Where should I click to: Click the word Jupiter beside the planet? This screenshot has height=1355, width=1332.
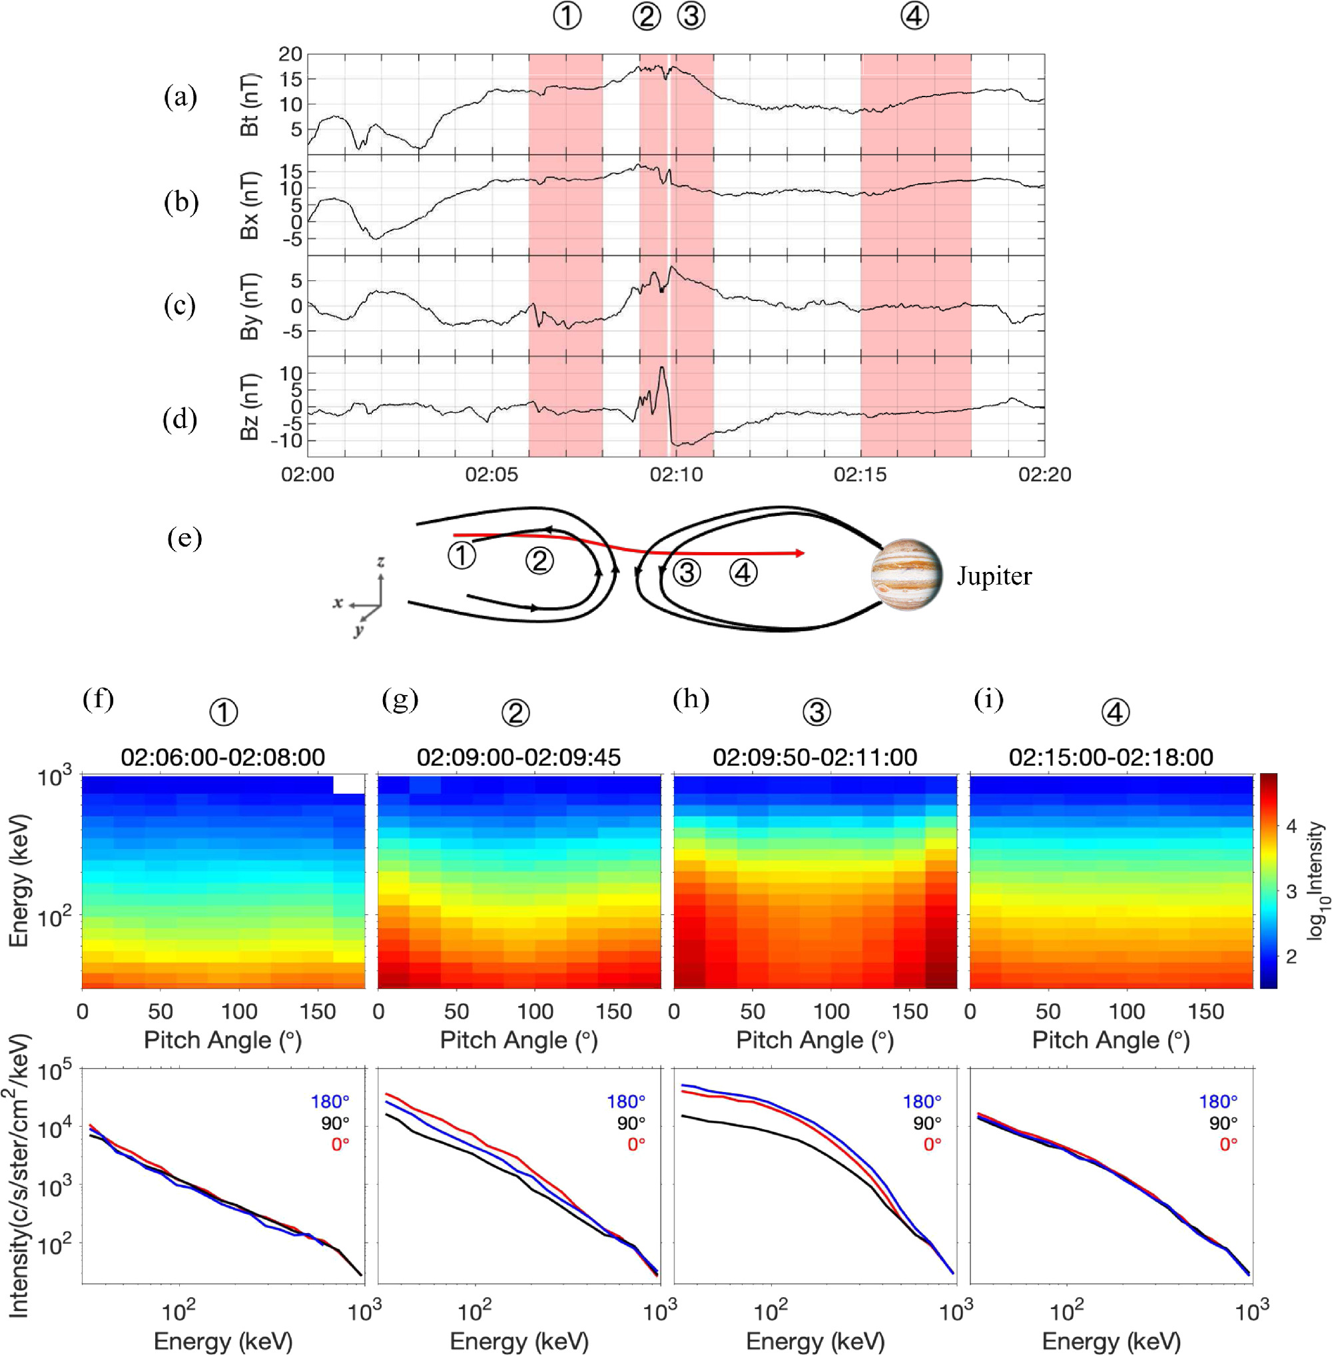(x=994, y=577)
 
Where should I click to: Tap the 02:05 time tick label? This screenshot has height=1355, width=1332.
(x=492, y=475)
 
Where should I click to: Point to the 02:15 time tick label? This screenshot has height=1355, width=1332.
(x=860, y=475)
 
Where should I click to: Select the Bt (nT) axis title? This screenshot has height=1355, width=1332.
(x=250, y=105)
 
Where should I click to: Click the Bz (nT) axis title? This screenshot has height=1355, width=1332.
(x=250, y=406)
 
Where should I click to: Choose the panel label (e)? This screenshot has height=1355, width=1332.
(x=184, y=538)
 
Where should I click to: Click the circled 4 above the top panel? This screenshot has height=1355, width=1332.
(x=914, y=16)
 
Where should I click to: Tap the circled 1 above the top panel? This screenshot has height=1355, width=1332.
(x=567, y=16)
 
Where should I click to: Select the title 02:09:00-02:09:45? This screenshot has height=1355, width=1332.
(x=519, y=757)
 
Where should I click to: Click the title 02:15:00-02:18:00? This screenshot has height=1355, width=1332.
(x=1111, y=757)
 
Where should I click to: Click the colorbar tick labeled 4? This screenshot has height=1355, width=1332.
(x=1291, y=826)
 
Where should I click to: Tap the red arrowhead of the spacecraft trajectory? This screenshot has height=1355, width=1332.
(x=800, y=553)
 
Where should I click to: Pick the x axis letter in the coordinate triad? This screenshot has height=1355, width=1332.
(x=338, y=603)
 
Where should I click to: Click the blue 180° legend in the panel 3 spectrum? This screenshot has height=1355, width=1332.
(x=922, y=1102)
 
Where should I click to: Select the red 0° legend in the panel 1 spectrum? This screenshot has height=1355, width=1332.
(x=340, y=1145)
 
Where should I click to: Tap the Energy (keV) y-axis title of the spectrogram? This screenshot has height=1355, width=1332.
(x=19, y=880)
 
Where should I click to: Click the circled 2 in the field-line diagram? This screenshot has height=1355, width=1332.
(x=539, y=561)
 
